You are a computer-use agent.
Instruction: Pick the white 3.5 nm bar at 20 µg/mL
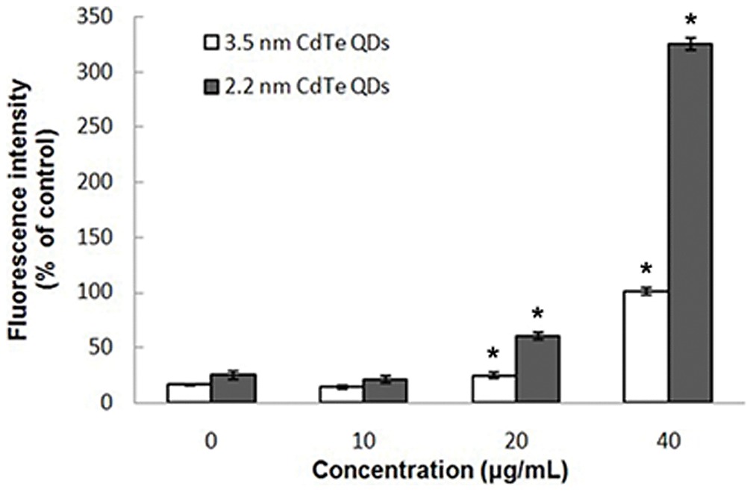(x=493, y=389)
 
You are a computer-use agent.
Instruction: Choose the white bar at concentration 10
(x=341, y=394)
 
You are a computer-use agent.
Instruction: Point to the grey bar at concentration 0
(x=233, y=389)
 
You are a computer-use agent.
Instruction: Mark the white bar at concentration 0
(x=189, y=393)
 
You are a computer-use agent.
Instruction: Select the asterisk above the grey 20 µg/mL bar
(x=537, y=314)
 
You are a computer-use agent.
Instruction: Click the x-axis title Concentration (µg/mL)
(x=443, y=472)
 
